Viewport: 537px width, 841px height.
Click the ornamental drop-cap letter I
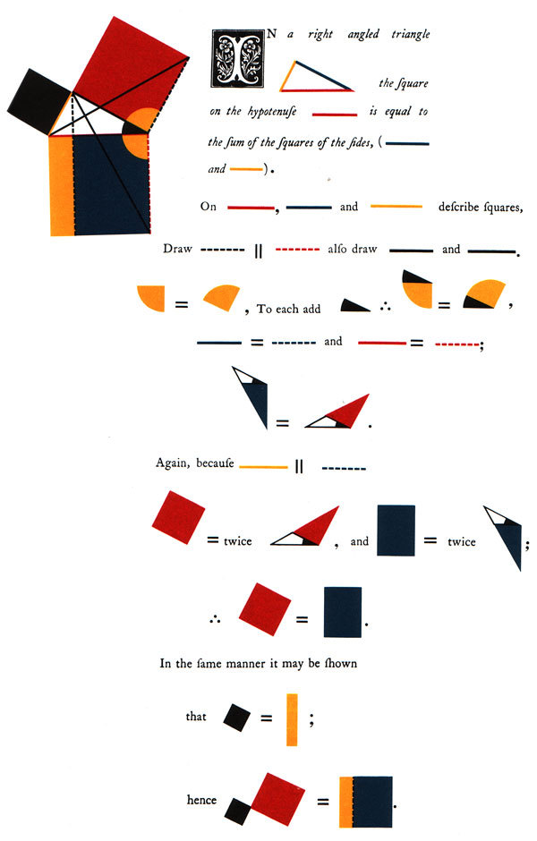pos(238,58)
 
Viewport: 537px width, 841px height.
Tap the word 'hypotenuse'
pos(272,112)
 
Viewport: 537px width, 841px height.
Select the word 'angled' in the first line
pos(362,35)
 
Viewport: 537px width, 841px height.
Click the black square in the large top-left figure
pos(39,102)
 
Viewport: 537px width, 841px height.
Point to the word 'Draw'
pos(177,249)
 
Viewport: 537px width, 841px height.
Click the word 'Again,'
pos(173,463)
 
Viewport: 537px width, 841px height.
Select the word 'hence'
pos(201,800)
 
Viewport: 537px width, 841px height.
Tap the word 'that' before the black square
pos(196,717)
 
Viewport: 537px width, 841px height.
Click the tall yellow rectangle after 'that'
pos(292,720)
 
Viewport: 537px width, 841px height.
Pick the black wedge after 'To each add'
pos(353,306)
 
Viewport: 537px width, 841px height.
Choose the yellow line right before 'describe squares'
pos(396,206)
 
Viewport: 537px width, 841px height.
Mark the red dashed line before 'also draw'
pos(297,250)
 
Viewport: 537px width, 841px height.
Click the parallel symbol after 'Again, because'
pos(299,467)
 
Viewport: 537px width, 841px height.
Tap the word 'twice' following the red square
pos(238,540)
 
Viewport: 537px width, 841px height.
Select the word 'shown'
pos(341,663)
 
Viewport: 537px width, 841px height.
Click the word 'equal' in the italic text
pos(398,112)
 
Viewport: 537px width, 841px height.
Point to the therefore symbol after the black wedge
pos(385,308)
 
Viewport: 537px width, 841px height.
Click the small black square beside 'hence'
pos(238,811)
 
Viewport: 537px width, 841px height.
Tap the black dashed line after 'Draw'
pos(223,250)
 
